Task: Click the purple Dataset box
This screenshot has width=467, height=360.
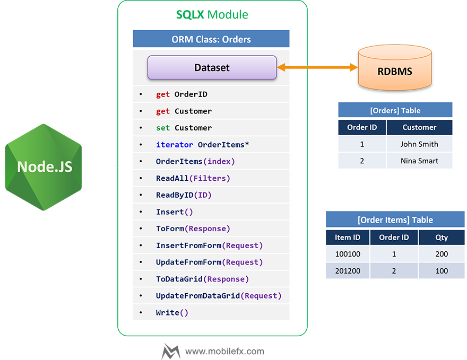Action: point(212,68)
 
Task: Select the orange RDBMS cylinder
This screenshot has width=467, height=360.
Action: point(395,67)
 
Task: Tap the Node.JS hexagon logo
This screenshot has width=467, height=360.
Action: point(45,166)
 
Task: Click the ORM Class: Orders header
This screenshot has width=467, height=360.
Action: point(211,39)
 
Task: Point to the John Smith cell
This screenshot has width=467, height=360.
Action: point(419,144)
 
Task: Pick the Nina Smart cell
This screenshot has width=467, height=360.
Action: point(419,161)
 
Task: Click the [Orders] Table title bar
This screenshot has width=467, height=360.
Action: point(395,110)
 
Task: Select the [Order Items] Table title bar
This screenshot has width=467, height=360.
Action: point(395,220)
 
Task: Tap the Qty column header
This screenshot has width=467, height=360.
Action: point(442,238)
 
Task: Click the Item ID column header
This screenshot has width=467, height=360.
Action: point(348,238)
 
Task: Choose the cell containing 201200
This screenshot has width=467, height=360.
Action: point(348,271)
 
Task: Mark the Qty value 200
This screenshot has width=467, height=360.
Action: point(442,254)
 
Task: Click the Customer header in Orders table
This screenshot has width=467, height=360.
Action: point(419,127)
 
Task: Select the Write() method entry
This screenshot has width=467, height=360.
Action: point(172,313)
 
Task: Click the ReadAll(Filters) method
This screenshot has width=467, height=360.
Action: point(193,178)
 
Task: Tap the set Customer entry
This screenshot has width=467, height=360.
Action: point(184,128)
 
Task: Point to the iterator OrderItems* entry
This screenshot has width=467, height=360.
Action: point(203,145)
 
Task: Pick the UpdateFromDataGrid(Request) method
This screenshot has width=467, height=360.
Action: point(219,296)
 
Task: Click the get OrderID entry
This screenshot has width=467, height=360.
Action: point(181,94)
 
